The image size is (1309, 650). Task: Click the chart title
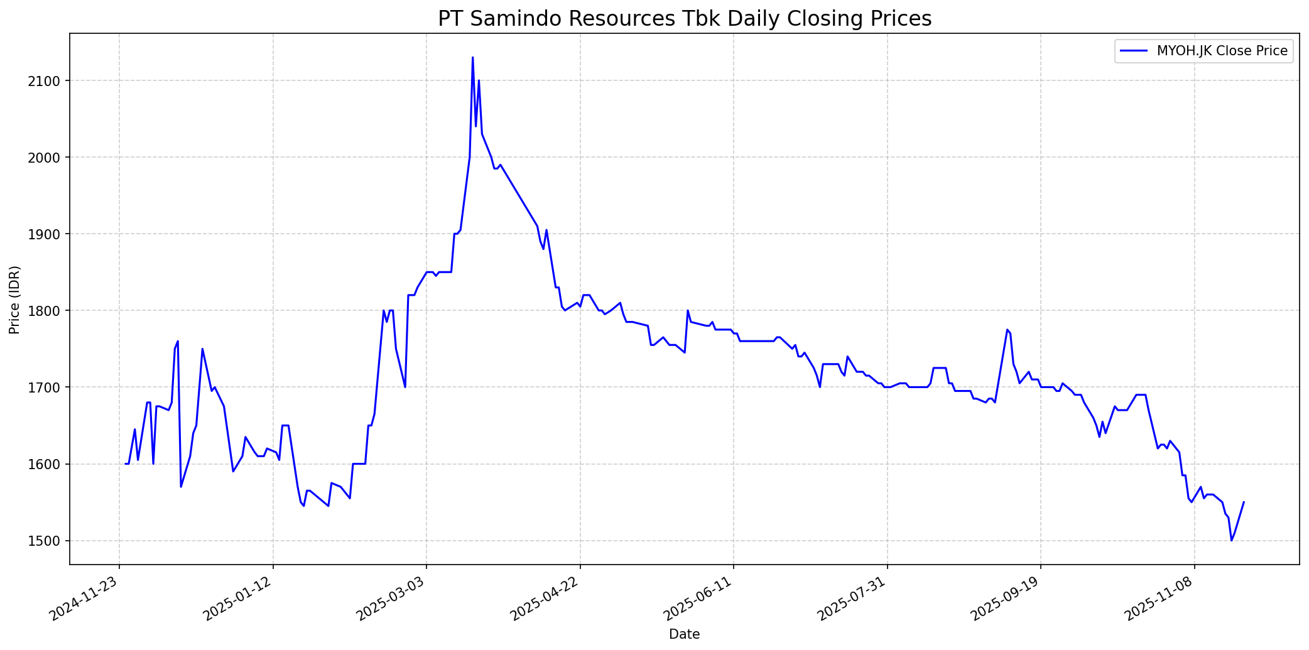[x=684, y=19]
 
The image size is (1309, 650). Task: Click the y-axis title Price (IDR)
[x=14, y=300]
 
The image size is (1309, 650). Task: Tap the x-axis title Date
[x=684, y=634]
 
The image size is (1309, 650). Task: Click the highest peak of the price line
[x=472, y=58]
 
